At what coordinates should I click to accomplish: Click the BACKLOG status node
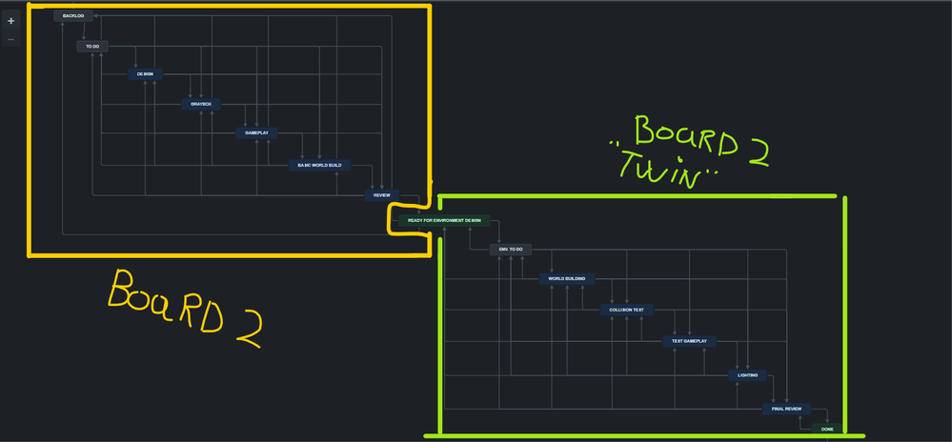(73, 16)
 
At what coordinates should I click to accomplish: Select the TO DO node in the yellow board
(92, 46)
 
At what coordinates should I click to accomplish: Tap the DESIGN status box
(145, 73)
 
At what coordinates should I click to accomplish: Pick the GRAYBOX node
(201, 104)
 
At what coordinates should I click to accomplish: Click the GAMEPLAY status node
(256, 132)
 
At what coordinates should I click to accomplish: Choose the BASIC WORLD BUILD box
(318, 165)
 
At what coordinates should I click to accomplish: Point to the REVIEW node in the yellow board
(381, 195)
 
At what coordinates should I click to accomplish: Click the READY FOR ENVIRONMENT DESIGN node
(444, 220)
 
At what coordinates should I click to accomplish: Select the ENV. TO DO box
(510, 250)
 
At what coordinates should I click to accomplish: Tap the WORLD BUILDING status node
(567, 279)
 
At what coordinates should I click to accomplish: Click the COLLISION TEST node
(626, 310)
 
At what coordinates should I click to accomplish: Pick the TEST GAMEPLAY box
(689, 341)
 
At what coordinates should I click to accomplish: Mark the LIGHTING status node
(747, 375)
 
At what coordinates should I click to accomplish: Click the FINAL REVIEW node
(786, 409)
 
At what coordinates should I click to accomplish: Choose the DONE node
(827, 429)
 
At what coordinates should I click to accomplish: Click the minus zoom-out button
(11, 40)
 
